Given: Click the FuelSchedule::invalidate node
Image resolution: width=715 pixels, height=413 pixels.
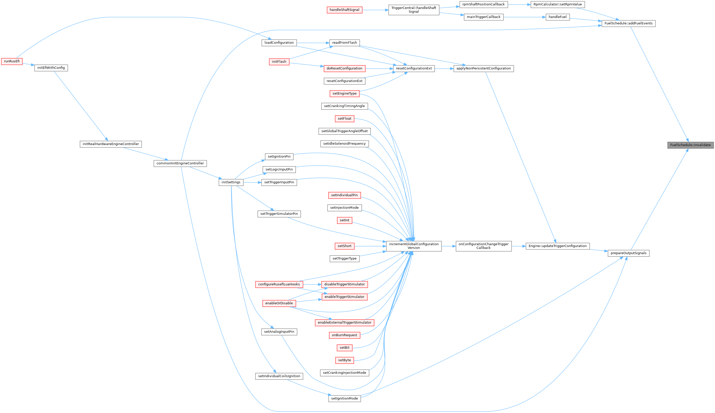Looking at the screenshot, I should point(690,145).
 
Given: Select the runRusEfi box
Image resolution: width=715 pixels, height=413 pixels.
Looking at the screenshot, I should point(12,61).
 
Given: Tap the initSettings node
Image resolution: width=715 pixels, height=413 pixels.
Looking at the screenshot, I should point(231,182).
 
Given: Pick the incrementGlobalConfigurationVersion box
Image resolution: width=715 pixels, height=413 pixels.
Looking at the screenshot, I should point(414,246).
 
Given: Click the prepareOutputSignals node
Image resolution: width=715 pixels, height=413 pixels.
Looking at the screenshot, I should point(628,253).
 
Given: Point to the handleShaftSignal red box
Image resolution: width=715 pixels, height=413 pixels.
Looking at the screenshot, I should point(344,10).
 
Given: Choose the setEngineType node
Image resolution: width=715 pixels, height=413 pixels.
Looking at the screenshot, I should point(344,93).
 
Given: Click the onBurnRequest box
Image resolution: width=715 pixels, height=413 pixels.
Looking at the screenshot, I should point(344,335).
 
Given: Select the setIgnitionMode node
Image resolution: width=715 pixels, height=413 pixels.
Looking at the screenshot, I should point(344,399).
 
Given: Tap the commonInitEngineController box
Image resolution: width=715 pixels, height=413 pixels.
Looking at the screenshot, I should point(180,163).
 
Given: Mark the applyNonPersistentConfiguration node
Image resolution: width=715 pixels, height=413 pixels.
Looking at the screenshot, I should point(483,68).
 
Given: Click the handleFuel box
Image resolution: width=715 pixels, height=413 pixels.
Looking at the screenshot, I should point(557,17).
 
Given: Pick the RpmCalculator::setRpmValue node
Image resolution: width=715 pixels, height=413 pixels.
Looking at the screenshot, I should point(557,5).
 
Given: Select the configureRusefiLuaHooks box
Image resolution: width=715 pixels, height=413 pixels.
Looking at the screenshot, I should point(279,284).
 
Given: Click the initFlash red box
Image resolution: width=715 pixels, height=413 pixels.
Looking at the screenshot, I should point(279,62).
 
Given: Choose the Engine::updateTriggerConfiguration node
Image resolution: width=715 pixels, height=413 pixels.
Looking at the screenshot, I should point(557,246).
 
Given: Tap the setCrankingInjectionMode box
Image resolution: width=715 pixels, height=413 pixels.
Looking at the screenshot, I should point(344,373).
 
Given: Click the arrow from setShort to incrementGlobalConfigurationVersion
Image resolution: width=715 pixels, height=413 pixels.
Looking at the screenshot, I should point(370,246).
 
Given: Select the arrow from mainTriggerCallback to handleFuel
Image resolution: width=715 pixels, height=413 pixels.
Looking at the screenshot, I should point(524,17).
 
